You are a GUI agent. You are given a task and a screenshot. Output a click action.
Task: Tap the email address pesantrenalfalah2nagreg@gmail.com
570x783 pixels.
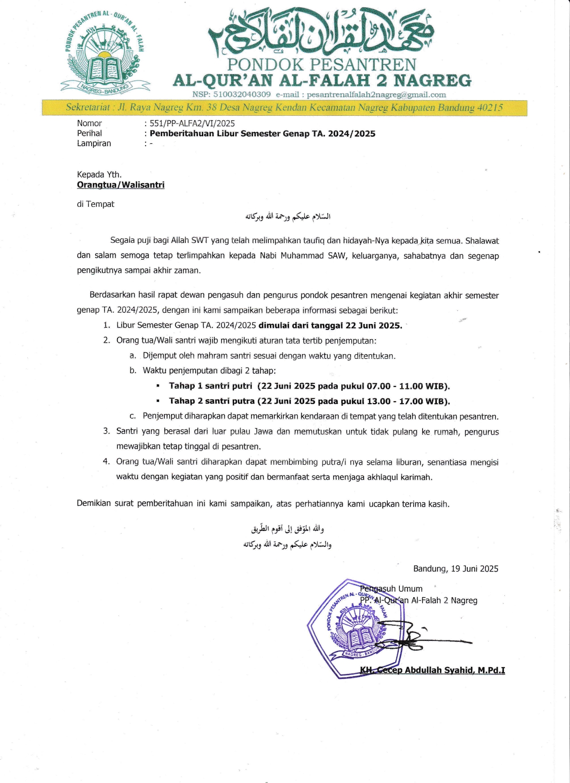376,95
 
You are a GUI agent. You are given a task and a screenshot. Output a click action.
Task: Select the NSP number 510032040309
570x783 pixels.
242,95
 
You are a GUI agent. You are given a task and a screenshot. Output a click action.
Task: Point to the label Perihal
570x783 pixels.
89,133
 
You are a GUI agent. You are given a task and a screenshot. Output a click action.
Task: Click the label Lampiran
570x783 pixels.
94,143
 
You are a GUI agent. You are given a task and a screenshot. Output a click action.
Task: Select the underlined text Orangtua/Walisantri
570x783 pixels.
121,185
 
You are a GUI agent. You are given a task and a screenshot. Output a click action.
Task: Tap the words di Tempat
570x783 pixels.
96,204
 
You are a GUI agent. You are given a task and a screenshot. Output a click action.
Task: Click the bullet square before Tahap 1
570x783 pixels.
158,386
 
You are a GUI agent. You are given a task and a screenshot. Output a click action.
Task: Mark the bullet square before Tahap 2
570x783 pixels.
158,401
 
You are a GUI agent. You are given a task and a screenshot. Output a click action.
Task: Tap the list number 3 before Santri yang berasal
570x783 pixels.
106,431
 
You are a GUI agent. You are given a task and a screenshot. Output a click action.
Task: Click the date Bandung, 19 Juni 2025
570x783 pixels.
456,569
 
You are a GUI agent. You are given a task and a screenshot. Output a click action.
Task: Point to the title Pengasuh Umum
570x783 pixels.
391,589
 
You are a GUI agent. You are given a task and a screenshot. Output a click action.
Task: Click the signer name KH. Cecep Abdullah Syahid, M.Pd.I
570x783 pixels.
432,670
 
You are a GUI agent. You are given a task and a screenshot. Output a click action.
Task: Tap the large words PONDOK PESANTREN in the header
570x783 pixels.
322,65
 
